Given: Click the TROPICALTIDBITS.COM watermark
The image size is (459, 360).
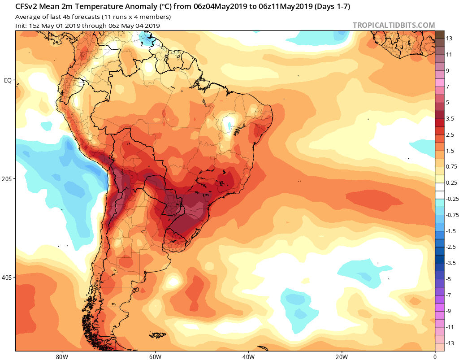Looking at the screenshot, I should pos(394,25).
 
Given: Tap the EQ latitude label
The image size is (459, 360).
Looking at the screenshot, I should pos(8,80).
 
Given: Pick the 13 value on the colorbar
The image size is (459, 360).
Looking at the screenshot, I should pos(449,38).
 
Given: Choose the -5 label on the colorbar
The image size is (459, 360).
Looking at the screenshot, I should pos(449,279).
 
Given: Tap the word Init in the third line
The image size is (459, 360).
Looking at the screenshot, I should pos(21,26).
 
